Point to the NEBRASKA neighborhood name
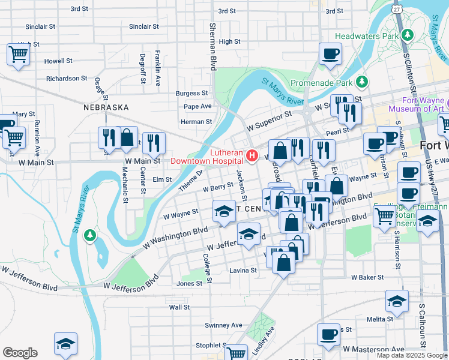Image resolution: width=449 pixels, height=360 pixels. point(106,107)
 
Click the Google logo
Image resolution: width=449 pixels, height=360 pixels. point(20,353)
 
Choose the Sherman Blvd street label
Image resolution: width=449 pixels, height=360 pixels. point(212,47)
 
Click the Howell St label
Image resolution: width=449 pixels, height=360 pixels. point(58,61)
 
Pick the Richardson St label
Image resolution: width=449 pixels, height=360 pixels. point(67,79)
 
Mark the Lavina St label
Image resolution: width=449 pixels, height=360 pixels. point(243,271)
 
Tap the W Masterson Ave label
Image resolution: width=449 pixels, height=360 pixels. point(373,349)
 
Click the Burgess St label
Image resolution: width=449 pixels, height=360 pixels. point(191,94)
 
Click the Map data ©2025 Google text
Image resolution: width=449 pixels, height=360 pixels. point(411,355)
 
